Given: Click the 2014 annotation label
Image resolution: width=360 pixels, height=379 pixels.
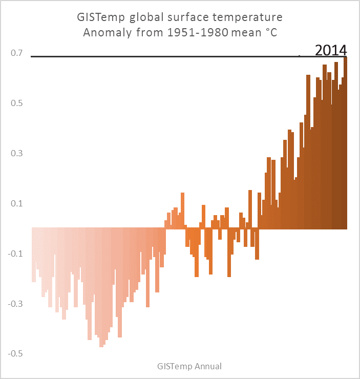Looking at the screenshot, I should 331,50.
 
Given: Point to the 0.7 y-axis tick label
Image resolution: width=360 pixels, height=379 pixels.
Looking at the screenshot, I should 17,53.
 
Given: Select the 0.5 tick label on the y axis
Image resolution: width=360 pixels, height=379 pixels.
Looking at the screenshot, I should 17,103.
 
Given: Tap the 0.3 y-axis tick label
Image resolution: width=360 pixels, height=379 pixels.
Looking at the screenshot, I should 17,154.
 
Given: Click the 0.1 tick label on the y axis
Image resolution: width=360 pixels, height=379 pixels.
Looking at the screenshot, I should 17,204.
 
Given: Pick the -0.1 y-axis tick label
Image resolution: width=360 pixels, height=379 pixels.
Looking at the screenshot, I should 16,254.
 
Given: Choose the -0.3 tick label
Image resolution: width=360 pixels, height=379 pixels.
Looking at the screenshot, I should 16,304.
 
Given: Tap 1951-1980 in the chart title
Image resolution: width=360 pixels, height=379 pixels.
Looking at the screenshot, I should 194,34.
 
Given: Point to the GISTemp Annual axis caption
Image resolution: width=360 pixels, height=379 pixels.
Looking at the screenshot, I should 189,366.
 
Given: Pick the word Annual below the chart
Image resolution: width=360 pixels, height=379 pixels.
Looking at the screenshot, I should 208,366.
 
